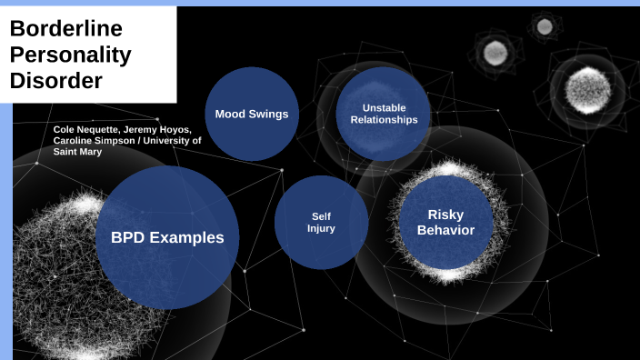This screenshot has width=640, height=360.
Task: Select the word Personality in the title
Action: pos(70,55)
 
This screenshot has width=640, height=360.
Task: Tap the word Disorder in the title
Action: pos(55,80)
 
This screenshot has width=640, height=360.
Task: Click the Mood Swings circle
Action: pos(252,114)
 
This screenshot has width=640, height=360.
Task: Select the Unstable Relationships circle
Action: pos(383,113)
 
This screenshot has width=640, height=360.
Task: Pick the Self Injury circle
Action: pos(321,222)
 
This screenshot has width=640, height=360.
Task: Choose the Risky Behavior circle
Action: pos(445,222)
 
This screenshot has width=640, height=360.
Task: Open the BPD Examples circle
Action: pos(167,238)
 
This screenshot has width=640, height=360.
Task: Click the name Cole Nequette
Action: pos(86,130)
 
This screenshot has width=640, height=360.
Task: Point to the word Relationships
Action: pos(383,119)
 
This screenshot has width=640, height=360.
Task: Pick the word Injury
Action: pos(321,228)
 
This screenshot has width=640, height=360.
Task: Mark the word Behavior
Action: pos(445,230)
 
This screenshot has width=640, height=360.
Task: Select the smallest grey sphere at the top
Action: pos(544,26)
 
